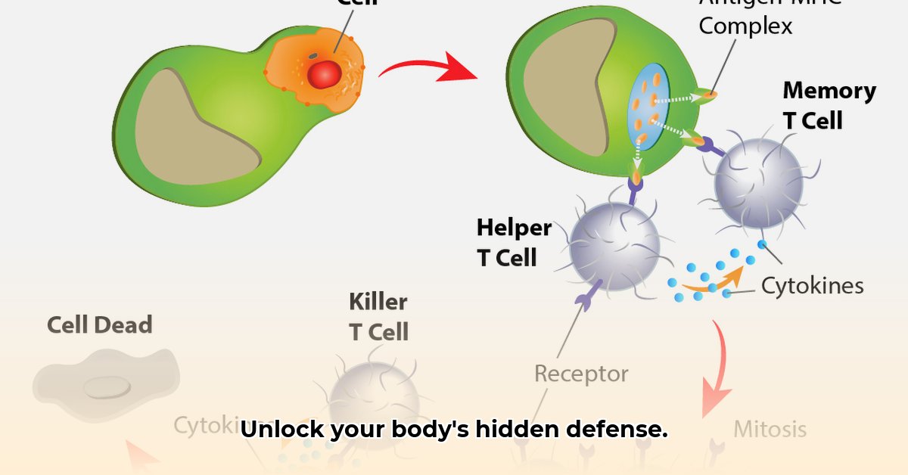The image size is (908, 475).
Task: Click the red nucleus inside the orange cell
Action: point(325,73)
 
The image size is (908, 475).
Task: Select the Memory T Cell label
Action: point(829,105)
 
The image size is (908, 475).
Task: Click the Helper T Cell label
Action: point(514,242)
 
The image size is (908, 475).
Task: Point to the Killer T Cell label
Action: point(378,316)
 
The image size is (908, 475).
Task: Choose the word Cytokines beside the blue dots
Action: point(812,286)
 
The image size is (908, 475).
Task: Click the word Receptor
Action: point(581,373)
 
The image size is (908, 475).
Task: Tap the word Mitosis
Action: point(770,430)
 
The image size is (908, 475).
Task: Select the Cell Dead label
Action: point(99,325)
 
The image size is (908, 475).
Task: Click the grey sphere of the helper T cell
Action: point(614,245)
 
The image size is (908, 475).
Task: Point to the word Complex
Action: point(745,26)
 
